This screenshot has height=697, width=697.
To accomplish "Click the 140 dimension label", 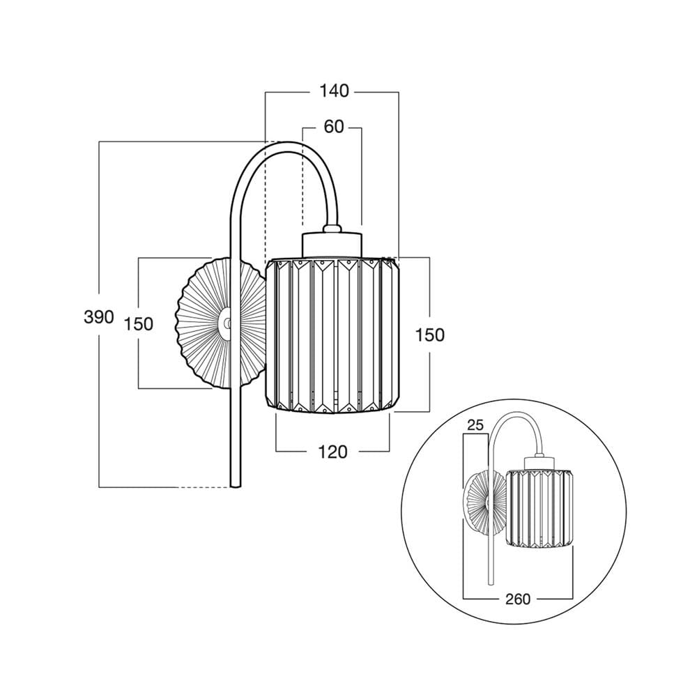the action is click(x=335, y=91).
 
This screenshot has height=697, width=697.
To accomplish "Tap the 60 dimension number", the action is click(x=333, y=127).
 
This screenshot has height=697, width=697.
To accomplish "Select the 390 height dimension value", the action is click(x=99, y=317).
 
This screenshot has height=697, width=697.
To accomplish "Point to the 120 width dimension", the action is click(x=333, y=452).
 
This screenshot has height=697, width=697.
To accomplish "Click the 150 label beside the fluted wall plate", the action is click(x=138, y=324).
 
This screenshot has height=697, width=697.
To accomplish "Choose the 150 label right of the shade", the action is click(x=430, y=335).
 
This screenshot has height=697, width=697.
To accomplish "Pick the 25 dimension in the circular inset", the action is click(x=475, y=425).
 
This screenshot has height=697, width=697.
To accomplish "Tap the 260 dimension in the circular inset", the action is click(x=518, y=599).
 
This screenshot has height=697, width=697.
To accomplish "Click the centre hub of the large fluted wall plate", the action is click(x=227, y=324).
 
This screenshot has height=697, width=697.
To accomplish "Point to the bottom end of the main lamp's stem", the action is click(x=235, y=487).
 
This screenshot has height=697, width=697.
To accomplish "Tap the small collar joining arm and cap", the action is click(x=332, y=229).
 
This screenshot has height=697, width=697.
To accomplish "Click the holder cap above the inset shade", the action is click(x=539, y=463).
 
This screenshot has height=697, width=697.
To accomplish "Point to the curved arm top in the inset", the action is click(x=516, y=415).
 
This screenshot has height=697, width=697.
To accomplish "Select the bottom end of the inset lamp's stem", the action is click(x=491, y=583).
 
